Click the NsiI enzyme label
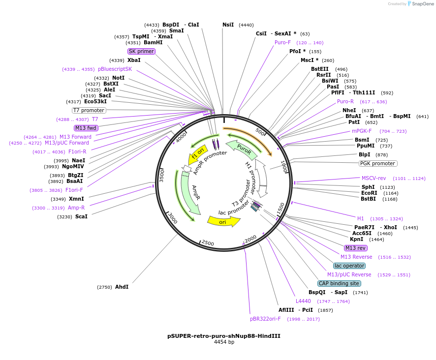point(228,25)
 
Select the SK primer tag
point(141,51)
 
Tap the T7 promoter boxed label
point(89,110)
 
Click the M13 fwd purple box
point(86,128)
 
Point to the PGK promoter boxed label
point(378,163)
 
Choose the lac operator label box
point(349,266)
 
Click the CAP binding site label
point(339,283)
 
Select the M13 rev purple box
point(356,248)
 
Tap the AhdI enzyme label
point(122,287)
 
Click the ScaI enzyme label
point(81,216)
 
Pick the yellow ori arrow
point(223,221)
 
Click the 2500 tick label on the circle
point(208,243)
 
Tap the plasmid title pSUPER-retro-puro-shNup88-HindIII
point(224,336)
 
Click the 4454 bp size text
point(224,342)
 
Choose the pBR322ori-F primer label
point(265,319)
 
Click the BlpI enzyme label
point(365,154)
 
